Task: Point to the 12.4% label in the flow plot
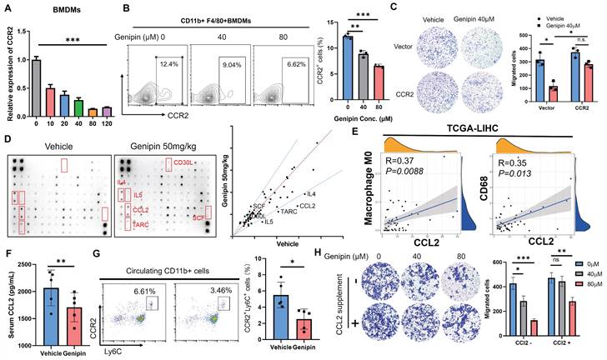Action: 168,63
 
